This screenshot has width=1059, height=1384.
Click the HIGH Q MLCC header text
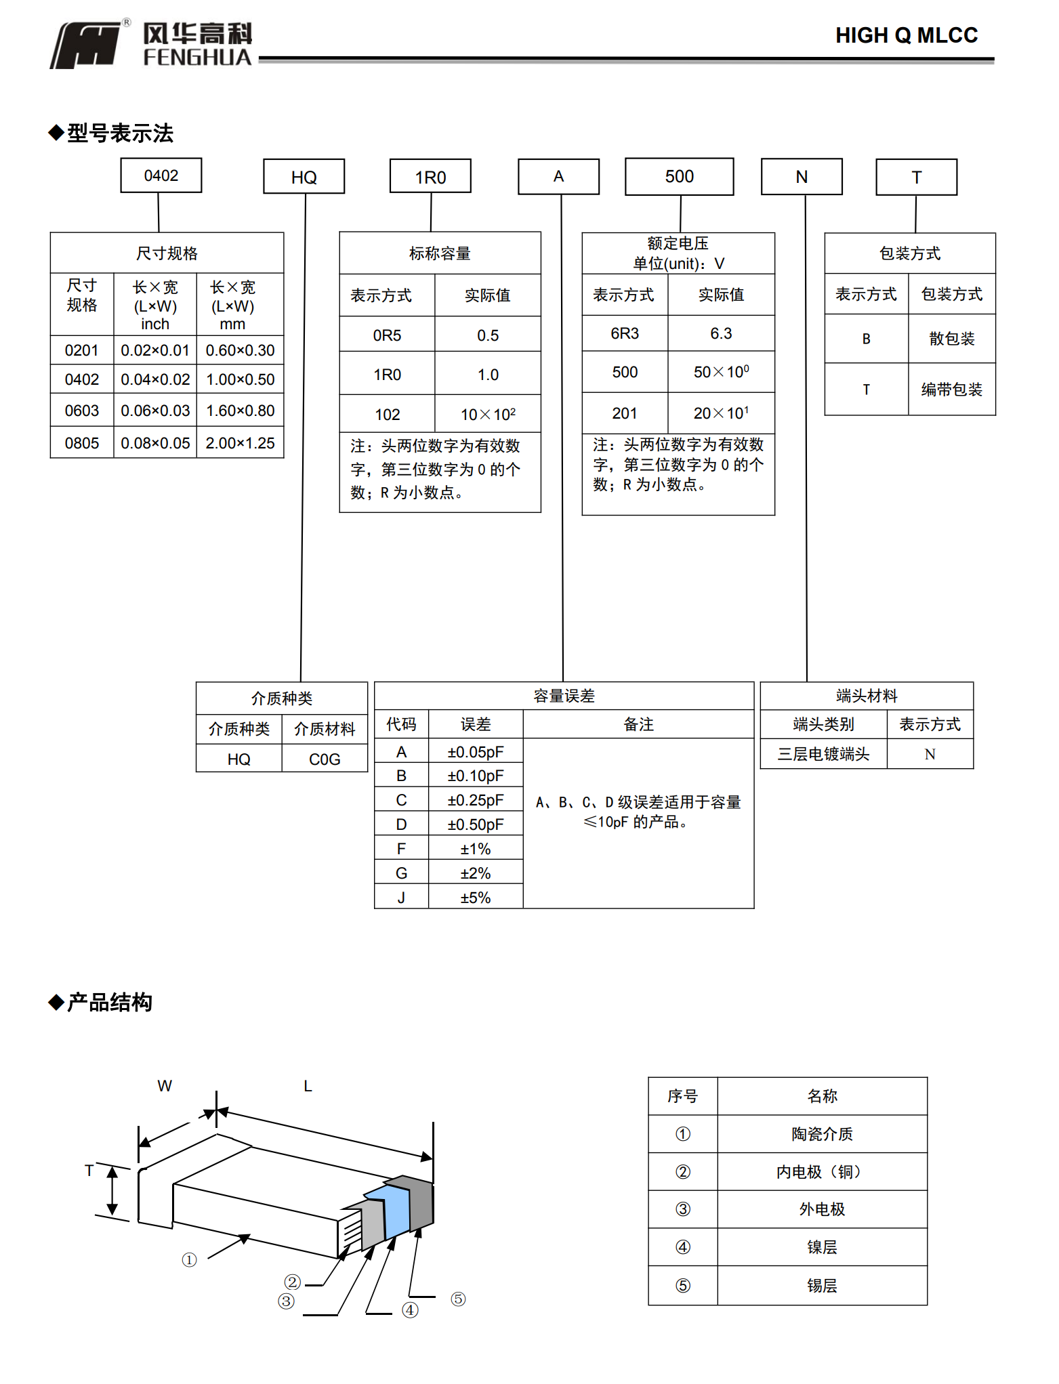pos(906,35)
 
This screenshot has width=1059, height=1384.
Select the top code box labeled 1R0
pos(430,177)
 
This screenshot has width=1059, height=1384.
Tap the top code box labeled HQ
pos(304,177)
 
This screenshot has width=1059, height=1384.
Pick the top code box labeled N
pos(802,177)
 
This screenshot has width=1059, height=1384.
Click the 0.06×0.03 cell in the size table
pos(155,411)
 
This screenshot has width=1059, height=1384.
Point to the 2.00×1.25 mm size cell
pos(240,443)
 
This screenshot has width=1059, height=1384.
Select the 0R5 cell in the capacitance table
pos(387,335)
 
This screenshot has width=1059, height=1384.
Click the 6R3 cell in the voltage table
pos(624,333)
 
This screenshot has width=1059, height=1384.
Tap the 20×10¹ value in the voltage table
pos(721,413)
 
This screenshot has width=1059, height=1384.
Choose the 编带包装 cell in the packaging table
pos(951,390)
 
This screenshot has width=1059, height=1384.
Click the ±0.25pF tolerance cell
pos(475,800)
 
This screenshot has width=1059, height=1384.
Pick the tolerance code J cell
pos(401,898)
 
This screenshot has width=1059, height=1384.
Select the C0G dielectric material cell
pos(325,759)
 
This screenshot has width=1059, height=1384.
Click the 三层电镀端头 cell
pos(823,754)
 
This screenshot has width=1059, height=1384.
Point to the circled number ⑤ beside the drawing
pos(458,1299)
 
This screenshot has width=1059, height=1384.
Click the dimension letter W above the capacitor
pos(165,1086)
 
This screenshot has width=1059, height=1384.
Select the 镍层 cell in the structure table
pos(822,1247)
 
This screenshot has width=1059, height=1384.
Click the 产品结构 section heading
pos(109,1003)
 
